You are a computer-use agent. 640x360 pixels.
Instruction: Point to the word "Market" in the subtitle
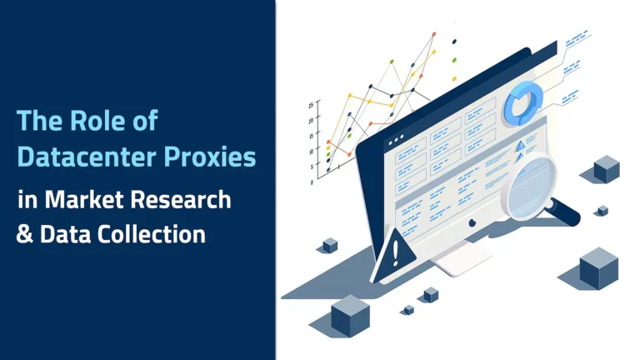click(x=76, y=199)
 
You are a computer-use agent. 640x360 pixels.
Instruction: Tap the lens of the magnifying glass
click(x=527, y=186)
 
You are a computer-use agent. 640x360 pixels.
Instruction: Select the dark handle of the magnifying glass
click(x=566, y=212)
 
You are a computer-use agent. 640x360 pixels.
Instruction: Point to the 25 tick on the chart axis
click(x=311, y=105)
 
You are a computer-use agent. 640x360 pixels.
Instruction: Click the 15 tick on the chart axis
click(x=311, y=136)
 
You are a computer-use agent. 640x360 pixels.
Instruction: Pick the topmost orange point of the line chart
click(x=433, y=35)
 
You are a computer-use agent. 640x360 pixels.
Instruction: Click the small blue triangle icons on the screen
click(x=522, y=148)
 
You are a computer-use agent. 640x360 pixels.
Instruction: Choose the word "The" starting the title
click(x=36, y=121)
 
